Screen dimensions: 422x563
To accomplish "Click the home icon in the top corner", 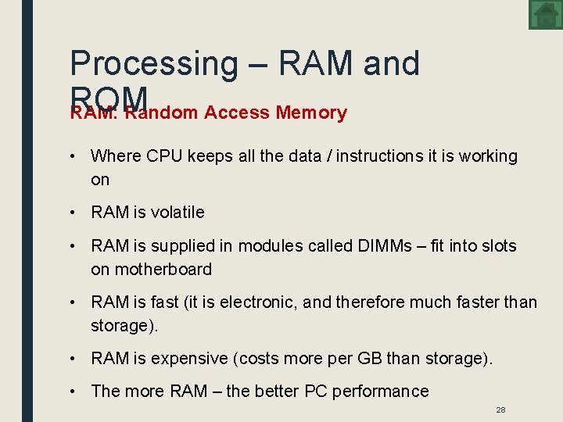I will (x=544, y=14).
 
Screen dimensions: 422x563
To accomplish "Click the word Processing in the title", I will (x=153, y=63).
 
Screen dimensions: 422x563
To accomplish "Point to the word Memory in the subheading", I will (x=311, y=113).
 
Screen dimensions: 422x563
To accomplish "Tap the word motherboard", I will (x=163, y=270).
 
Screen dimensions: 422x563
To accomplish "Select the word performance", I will (x=381, y=392).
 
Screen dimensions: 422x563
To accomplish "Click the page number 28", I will (x=501, y=410).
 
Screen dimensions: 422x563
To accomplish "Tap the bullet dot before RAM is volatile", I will (x=72, y=213).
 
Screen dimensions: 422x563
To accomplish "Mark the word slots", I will (x=498, y=246).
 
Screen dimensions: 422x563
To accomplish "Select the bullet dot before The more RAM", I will (x=72, y=392).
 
